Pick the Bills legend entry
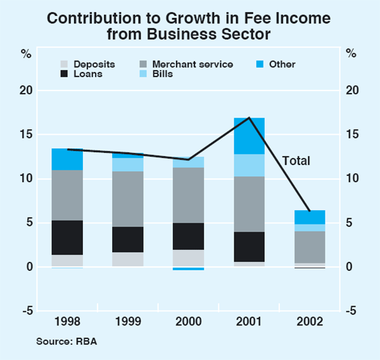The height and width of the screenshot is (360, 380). (162, 73)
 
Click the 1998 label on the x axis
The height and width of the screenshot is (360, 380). (67, 322)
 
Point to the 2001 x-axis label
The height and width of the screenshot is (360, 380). (250, 322)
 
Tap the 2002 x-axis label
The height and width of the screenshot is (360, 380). (310, 322)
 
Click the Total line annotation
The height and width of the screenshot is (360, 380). (296, 161)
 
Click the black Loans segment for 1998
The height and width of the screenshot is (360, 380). (67, 237)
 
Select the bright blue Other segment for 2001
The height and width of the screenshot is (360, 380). (250, 136)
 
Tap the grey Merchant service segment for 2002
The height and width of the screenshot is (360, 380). (310, 247)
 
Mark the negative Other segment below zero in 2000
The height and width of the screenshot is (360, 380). (189, 268)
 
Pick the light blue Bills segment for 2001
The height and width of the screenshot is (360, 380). (250, 165)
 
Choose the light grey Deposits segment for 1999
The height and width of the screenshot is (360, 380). (128, 259)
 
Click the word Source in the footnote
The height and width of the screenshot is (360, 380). (53, 342)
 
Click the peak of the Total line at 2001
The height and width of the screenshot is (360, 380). (250, 118)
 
